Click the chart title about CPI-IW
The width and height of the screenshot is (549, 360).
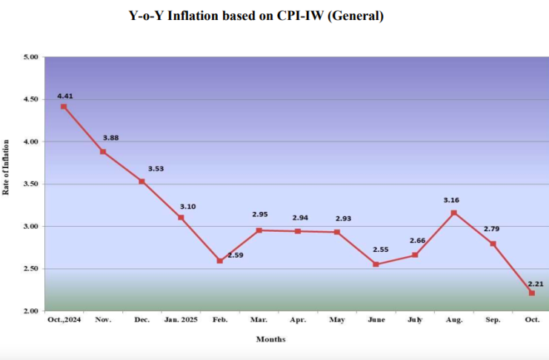click(256, 16)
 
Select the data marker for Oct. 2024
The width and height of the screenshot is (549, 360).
click(64, 107)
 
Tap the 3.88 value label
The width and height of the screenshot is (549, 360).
click(110, 138)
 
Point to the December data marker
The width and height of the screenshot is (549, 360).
click(142, 181)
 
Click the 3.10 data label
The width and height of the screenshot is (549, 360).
click(187, 206)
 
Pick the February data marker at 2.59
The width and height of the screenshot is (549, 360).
click(220, 261)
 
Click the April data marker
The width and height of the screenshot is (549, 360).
click(298, 231)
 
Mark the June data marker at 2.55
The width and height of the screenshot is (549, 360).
click(376, 264)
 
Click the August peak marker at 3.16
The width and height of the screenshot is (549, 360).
click(454, 213)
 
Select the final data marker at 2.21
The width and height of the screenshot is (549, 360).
click(532, 293)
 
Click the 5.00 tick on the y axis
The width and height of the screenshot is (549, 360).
click(30, 56)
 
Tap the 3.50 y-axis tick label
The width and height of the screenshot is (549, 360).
click(30, 184)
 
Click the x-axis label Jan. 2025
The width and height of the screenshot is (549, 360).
click(181, 320)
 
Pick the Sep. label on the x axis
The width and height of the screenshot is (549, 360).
click(493, 320)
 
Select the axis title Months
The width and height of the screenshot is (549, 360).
click(270, 339)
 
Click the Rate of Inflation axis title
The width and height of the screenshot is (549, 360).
click(7, 167)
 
